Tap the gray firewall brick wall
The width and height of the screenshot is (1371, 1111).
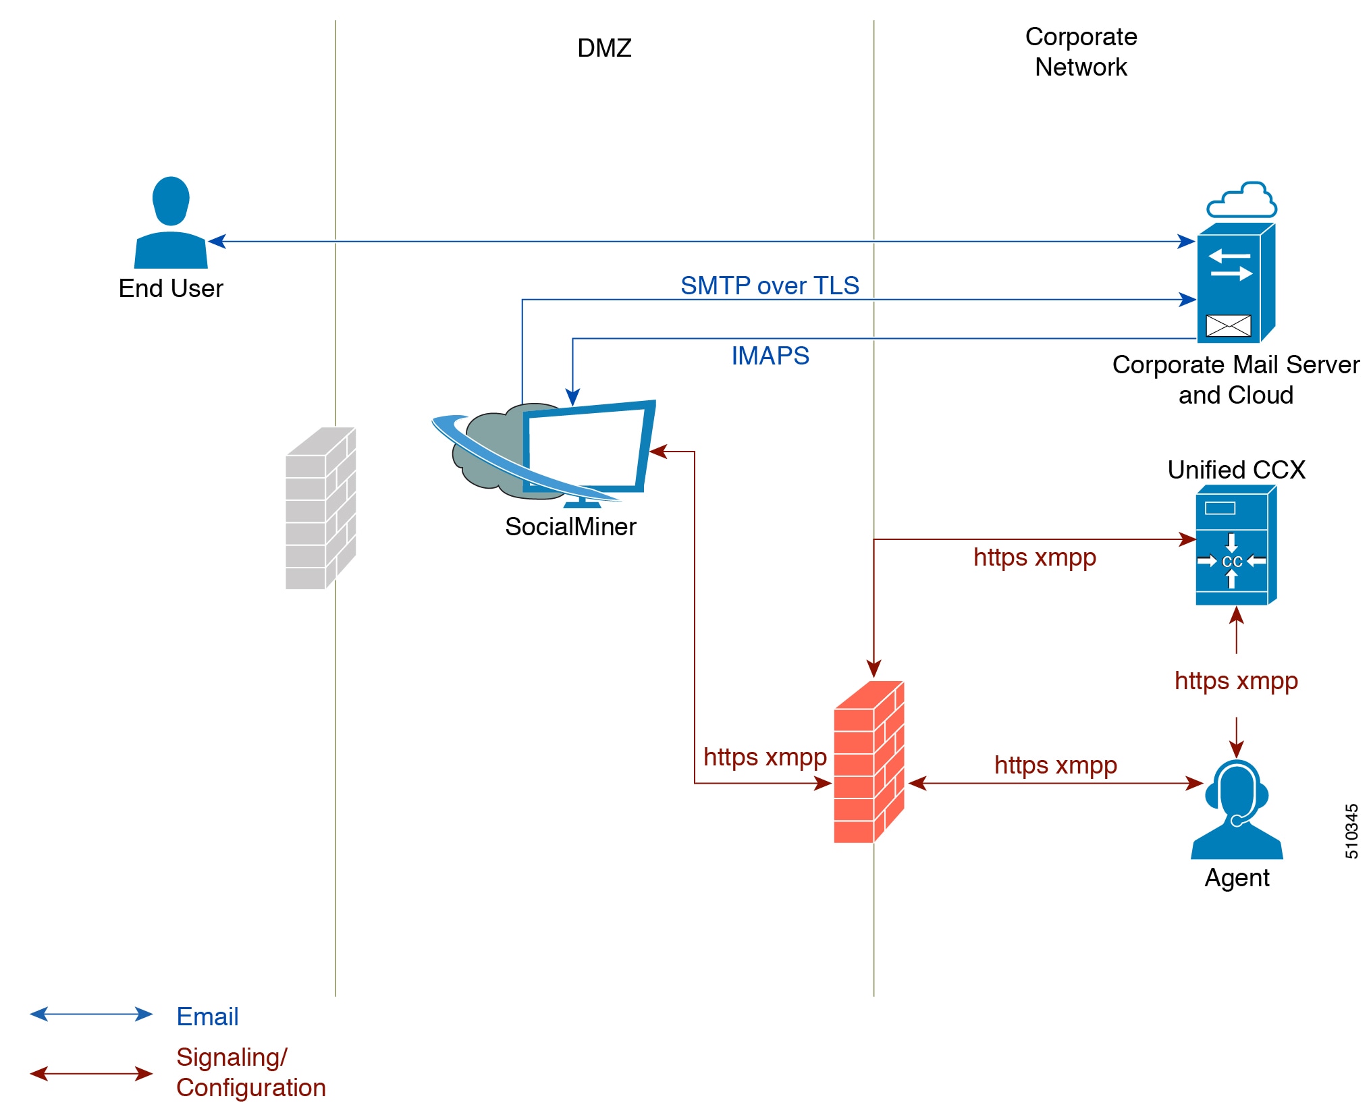pyautogui.click(x=321, y=508)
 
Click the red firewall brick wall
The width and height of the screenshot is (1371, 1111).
pyautogui.click(x=869, y=762)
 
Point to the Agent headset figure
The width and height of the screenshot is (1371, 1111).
pyautogui.click(x=1237, y=809)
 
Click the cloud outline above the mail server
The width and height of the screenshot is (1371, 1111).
pyautogui.click(x=1241, y=200)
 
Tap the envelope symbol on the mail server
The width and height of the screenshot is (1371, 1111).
pyautogui.click(x=1229, y=326)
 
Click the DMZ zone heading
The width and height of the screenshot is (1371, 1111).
pyautogui.click(x=604, y=48)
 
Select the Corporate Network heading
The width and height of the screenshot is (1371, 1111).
pyautogui.click(x=1081, y=52)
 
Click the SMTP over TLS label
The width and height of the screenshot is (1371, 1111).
pyautogui.click(x=770, y=286)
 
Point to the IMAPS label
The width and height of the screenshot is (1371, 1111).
pyautogui.click(x=770, y=356)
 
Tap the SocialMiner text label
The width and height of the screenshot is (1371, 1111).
pyautogui.click(x=570, y=526)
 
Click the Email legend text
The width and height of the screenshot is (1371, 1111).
pyautogui.click(x=207, y=1017)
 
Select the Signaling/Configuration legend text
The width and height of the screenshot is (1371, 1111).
pyautogui.click(x=251, y=1073)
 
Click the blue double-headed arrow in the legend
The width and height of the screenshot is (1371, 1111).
pyautogui.click(x=91, y=1014)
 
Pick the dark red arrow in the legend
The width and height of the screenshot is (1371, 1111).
pyautogui.click(x=91, y=1073)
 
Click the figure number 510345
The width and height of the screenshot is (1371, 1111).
pyautogui.click(x=1351, y=831)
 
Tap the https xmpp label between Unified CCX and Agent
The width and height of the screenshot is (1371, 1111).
pyautogui.click(x=1236, y=680)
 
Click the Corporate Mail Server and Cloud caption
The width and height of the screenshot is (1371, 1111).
pyautogui.click(x=1236, y=379)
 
